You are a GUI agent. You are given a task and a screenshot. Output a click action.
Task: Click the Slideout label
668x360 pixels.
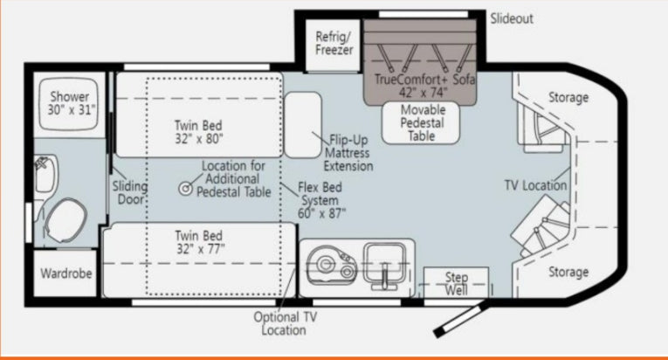click(x=511, y=18)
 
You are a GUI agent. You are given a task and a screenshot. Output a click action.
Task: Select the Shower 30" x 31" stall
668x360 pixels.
click(x=69, y=104)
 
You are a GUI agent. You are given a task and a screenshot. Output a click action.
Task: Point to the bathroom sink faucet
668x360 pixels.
click(x=42, y=163)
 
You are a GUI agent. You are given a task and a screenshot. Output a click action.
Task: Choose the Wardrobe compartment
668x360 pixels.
click(x=65, y=273)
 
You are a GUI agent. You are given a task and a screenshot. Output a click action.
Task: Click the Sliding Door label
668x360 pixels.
click(x=129, y=192)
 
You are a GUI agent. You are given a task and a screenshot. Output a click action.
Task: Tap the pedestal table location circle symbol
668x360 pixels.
click(x=186, y=188)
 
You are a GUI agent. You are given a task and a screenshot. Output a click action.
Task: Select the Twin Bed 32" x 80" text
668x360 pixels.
click(x=198, y=132)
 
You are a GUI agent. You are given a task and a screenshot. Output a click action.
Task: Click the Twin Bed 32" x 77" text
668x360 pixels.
click(x=199, y=242)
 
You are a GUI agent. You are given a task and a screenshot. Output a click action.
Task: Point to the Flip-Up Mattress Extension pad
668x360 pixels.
click(x=302, y=125)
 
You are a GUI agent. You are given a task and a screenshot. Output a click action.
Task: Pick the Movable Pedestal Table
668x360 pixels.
click(x=421, y=123)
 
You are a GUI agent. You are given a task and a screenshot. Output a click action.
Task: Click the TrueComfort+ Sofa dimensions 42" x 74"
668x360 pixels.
click(x=423, y=92)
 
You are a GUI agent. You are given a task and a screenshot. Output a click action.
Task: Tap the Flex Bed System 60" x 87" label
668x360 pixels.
click(x=320, y=200)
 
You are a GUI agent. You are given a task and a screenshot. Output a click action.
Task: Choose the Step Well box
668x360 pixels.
click(x=456, y=282)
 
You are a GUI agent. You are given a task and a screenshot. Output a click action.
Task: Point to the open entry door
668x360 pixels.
click(x=461, y=318)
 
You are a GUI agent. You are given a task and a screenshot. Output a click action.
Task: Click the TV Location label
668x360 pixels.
click(x=535, y=185)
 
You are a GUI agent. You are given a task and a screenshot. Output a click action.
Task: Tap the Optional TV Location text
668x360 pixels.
click(x=285, y=323)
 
